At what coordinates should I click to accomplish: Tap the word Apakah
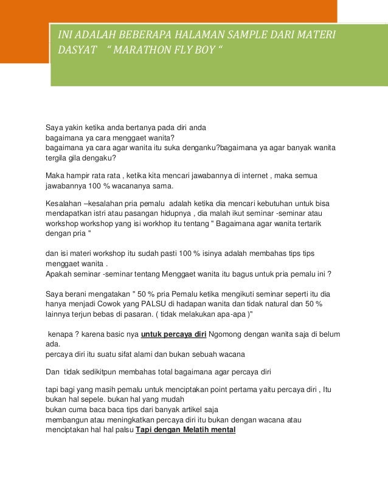[60, 273]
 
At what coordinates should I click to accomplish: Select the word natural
[275, 304]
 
